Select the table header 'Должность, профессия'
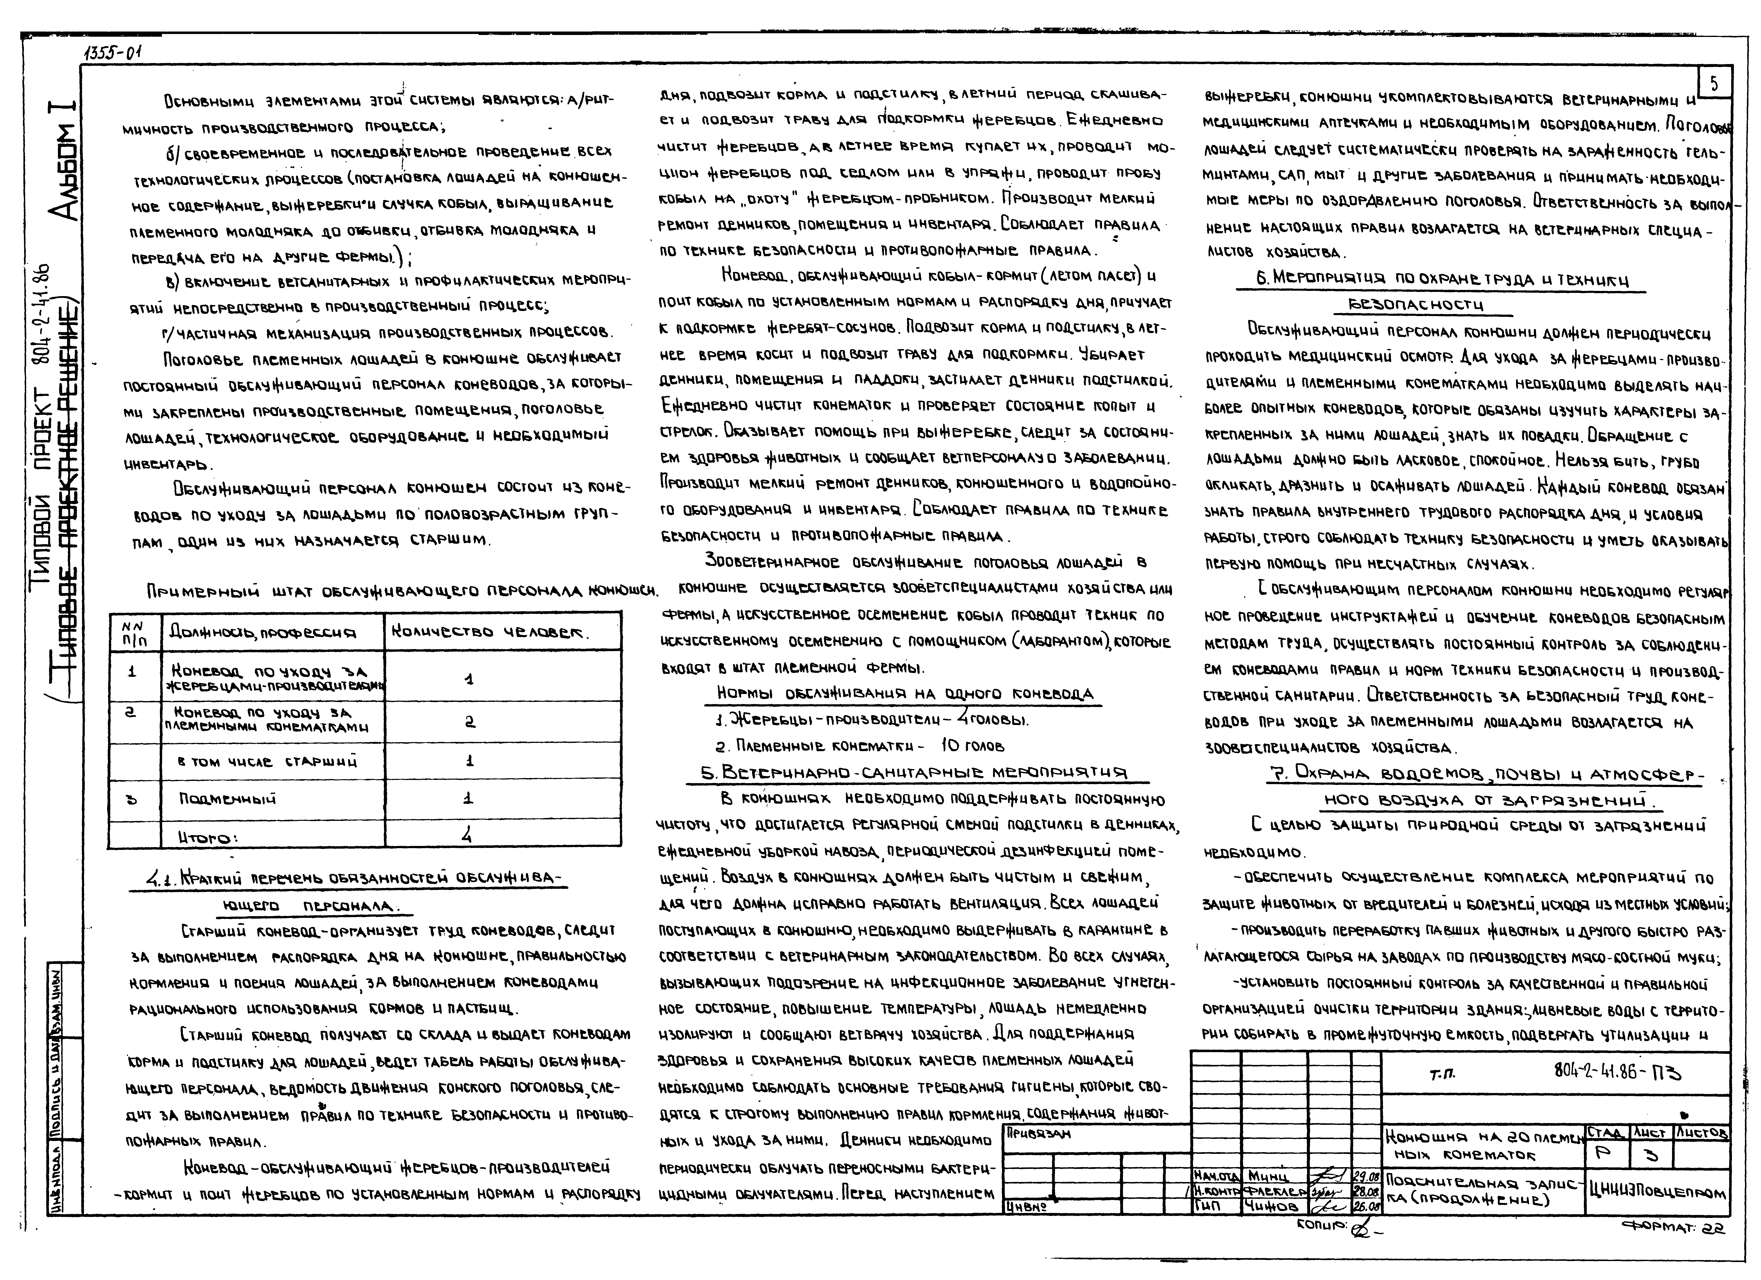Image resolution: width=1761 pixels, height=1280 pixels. click(x=262, y=633)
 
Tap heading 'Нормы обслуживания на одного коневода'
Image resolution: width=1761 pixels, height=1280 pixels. click(x=905, y=693)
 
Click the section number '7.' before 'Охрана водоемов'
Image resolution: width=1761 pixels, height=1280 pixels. click(x=1276, y=774)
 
